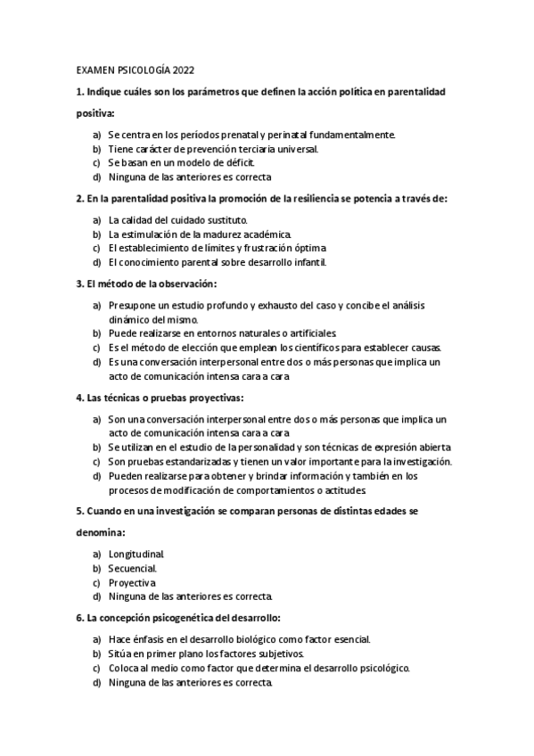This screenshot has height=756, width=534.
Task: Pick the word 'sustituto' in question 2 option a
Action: pos(225,219)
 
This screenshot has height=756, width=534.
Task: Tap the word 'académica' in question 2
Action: pos(242,234)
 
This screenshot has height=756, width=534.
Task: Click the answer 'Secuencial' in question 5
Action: pos(132,568)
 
